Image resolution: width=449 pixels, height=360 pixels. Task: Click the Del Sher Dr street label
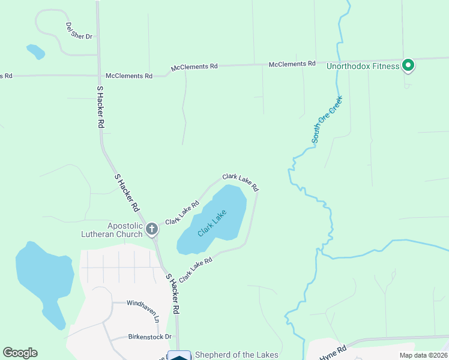point(79,31)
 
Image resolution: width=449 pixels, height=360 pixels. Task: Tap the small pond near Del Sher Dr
point(35,52)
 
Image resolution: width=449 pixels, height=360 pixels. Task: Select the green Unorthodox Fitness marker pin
point(408,65)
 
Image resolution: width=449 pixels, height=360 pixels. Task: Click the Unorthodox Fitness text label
point(363,66)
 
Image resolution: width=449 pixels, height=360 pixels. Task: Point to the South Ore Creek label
point(327,119)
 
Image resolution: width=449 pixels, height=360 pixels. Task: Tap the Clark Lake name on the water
point(211,223)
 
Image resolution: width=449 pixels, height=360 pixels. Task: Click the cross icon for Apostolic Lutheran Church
point(152,229)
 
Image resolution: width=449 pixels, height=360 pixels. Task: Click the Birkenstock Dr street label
point(149,337)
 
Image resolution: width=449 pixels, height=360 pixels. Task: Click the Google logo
point(20,353)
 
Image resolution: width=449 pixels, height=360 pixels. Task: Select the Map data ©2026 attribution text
point(423,355)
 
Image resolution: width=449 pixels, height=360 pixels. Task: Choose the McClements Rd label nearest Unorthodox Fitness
point(292,64)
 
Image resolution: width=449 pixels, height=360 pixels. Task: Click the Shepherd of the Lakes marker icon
point(179,356)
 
